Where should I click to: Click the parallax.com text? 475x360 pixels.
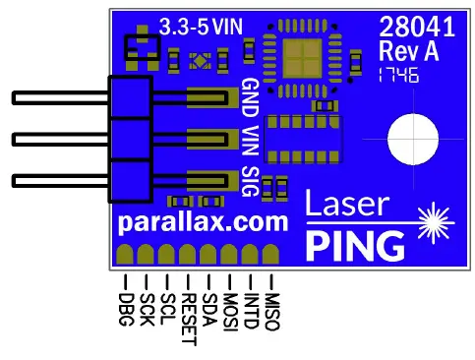(203, 221)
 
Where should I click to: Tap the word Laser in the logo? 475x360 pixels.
(346, 204)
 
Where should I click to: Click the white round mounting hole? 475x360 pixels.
(413, 139)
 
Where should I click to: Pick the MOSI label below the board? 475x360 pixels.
(231, 308)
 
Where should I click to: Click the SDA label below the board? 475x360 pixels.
(208, 304)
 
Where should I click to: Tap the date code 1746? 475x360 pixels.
(398, 74)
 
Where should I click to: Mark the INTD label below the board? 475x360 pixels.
(252, 306)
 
